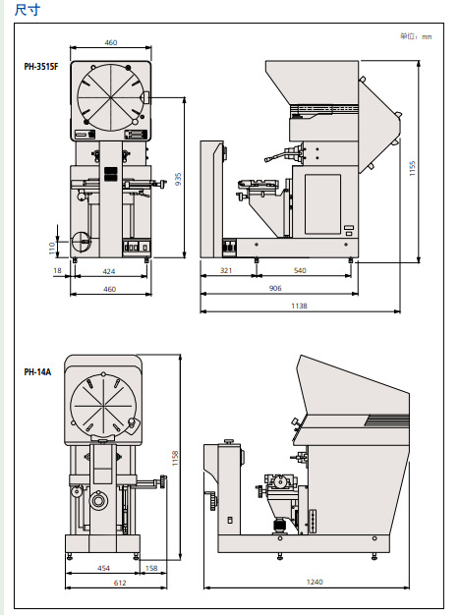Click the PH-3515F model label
point(41,66)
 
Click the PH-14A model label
point(37,371)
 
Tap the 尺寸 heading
point(28,10)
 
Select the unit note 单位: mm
point(416,36)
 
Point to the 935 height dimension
point(178,179)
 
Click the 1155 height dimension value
point(412,168)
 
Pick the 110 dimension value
point(52,249)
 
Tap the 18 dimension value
point(57,270)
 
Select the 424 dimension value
point(109,271)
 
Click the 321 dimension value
point(226,270)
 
